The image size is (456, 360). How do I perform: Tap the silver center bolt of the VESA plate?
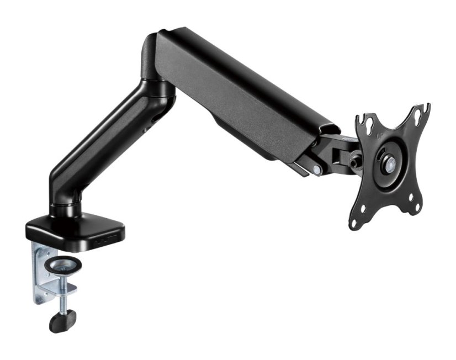click(x=390, y=162)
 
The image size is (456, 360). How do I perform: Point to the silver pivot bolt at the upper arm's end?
click(x=316, y=170)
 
